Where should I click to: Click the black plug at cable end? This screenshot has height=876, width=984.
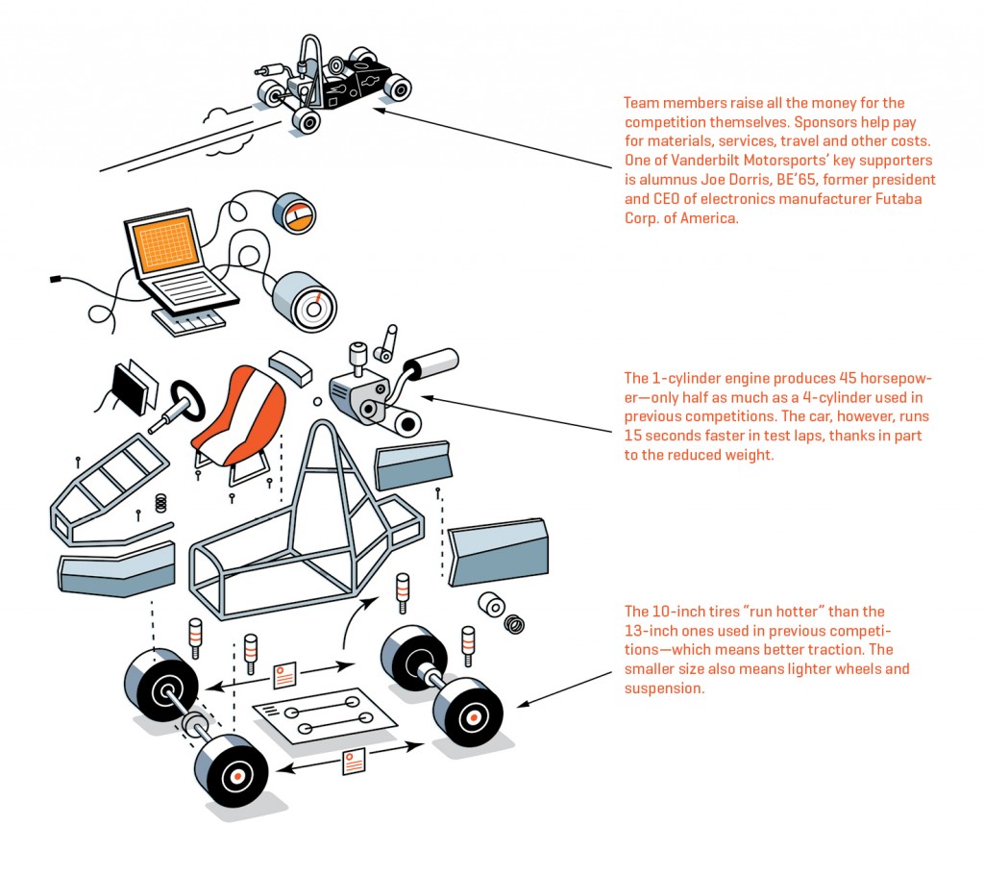click(56, 279)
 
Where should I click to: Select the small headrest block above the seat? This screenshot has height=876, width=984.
click(287, 365)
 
